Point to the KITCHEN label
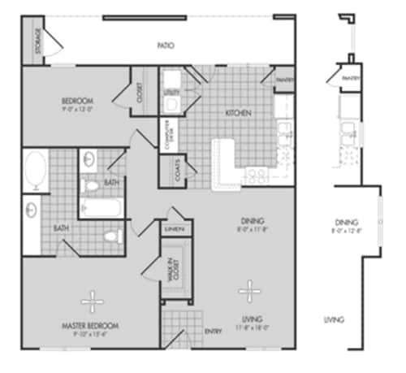tap(239, 111)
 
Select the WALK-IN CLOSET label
tap(174, 268)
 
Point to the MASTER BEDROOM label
tap(91, 327)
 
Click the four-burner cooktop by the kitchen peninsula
tap(257, 175)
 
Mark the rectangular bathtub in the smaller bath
tap(101, 206)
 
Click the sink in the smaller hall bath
tap(89, 157)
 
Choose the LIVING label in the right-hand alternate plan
tap(333, 319)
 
